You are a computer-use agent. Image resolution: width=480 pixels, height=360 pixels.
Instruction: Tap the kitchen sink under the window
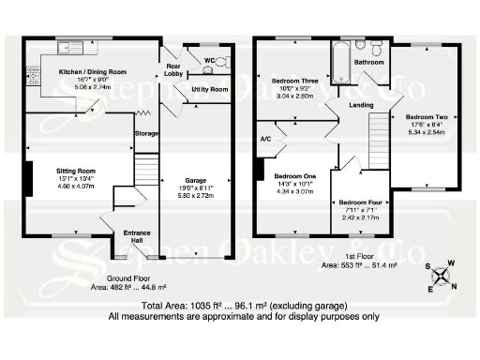(69, 48)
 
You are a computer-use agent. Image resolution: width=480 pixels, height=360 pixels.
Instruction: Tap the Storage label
(146, 134)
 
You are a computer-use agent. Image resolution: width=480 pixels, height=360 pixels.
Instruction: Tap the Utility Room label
(208, 89)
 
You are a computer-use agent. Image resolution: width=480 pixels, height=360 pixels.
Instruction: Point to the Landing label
(360, 105)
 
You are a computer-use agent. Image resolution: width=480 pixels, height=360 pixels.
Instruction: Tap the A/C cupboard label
(265, 139)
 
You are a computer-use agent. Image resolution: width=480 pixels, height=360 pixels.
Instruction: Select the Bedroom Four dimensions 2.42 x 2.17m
(358, 217)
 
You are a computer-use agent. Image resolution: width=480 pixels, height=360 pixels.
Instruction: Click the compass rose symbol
(442, 275)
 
